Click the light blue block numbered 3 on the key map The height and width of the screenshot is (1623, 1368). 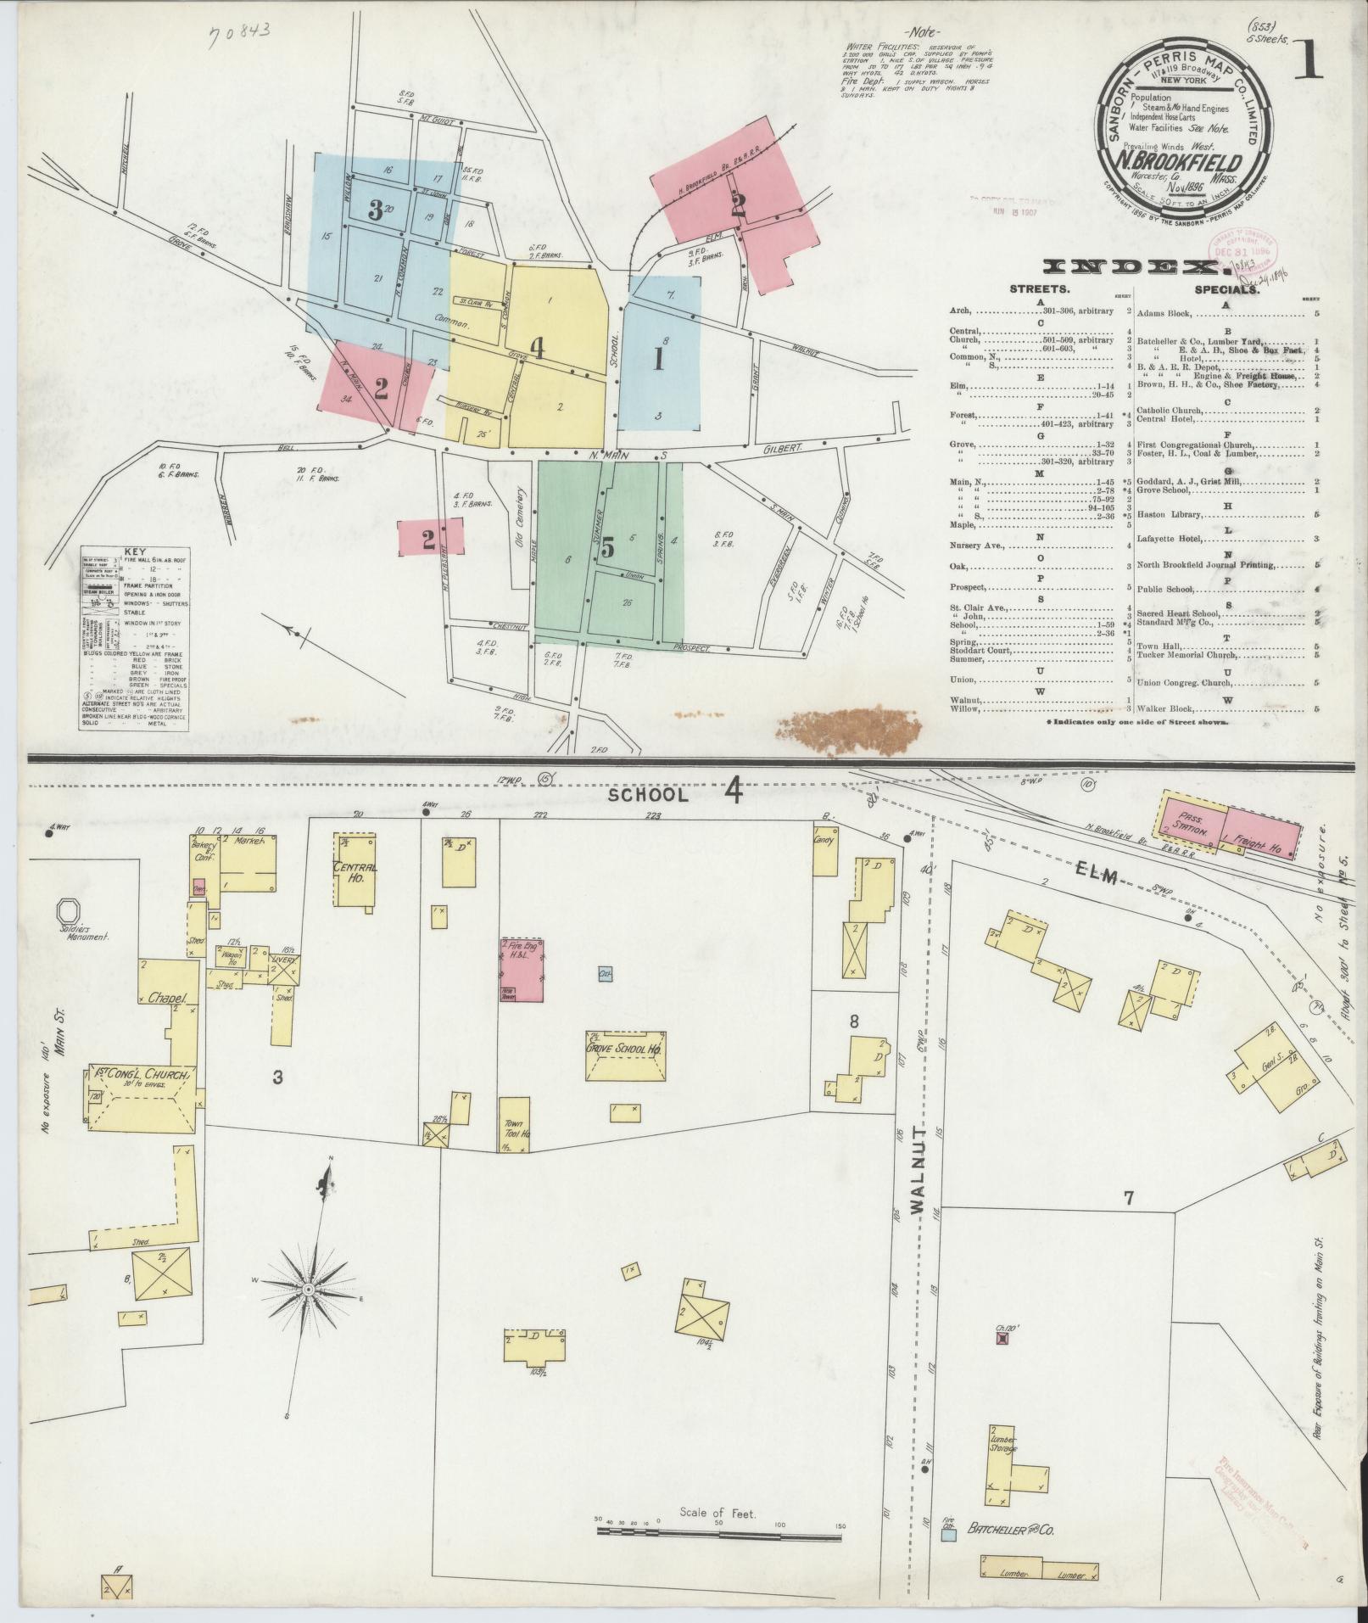pyautogui.click(x=376, y=211)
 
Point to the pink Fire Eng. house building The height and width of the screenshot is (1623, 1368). pyautogui.click(x=522, y=968)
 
